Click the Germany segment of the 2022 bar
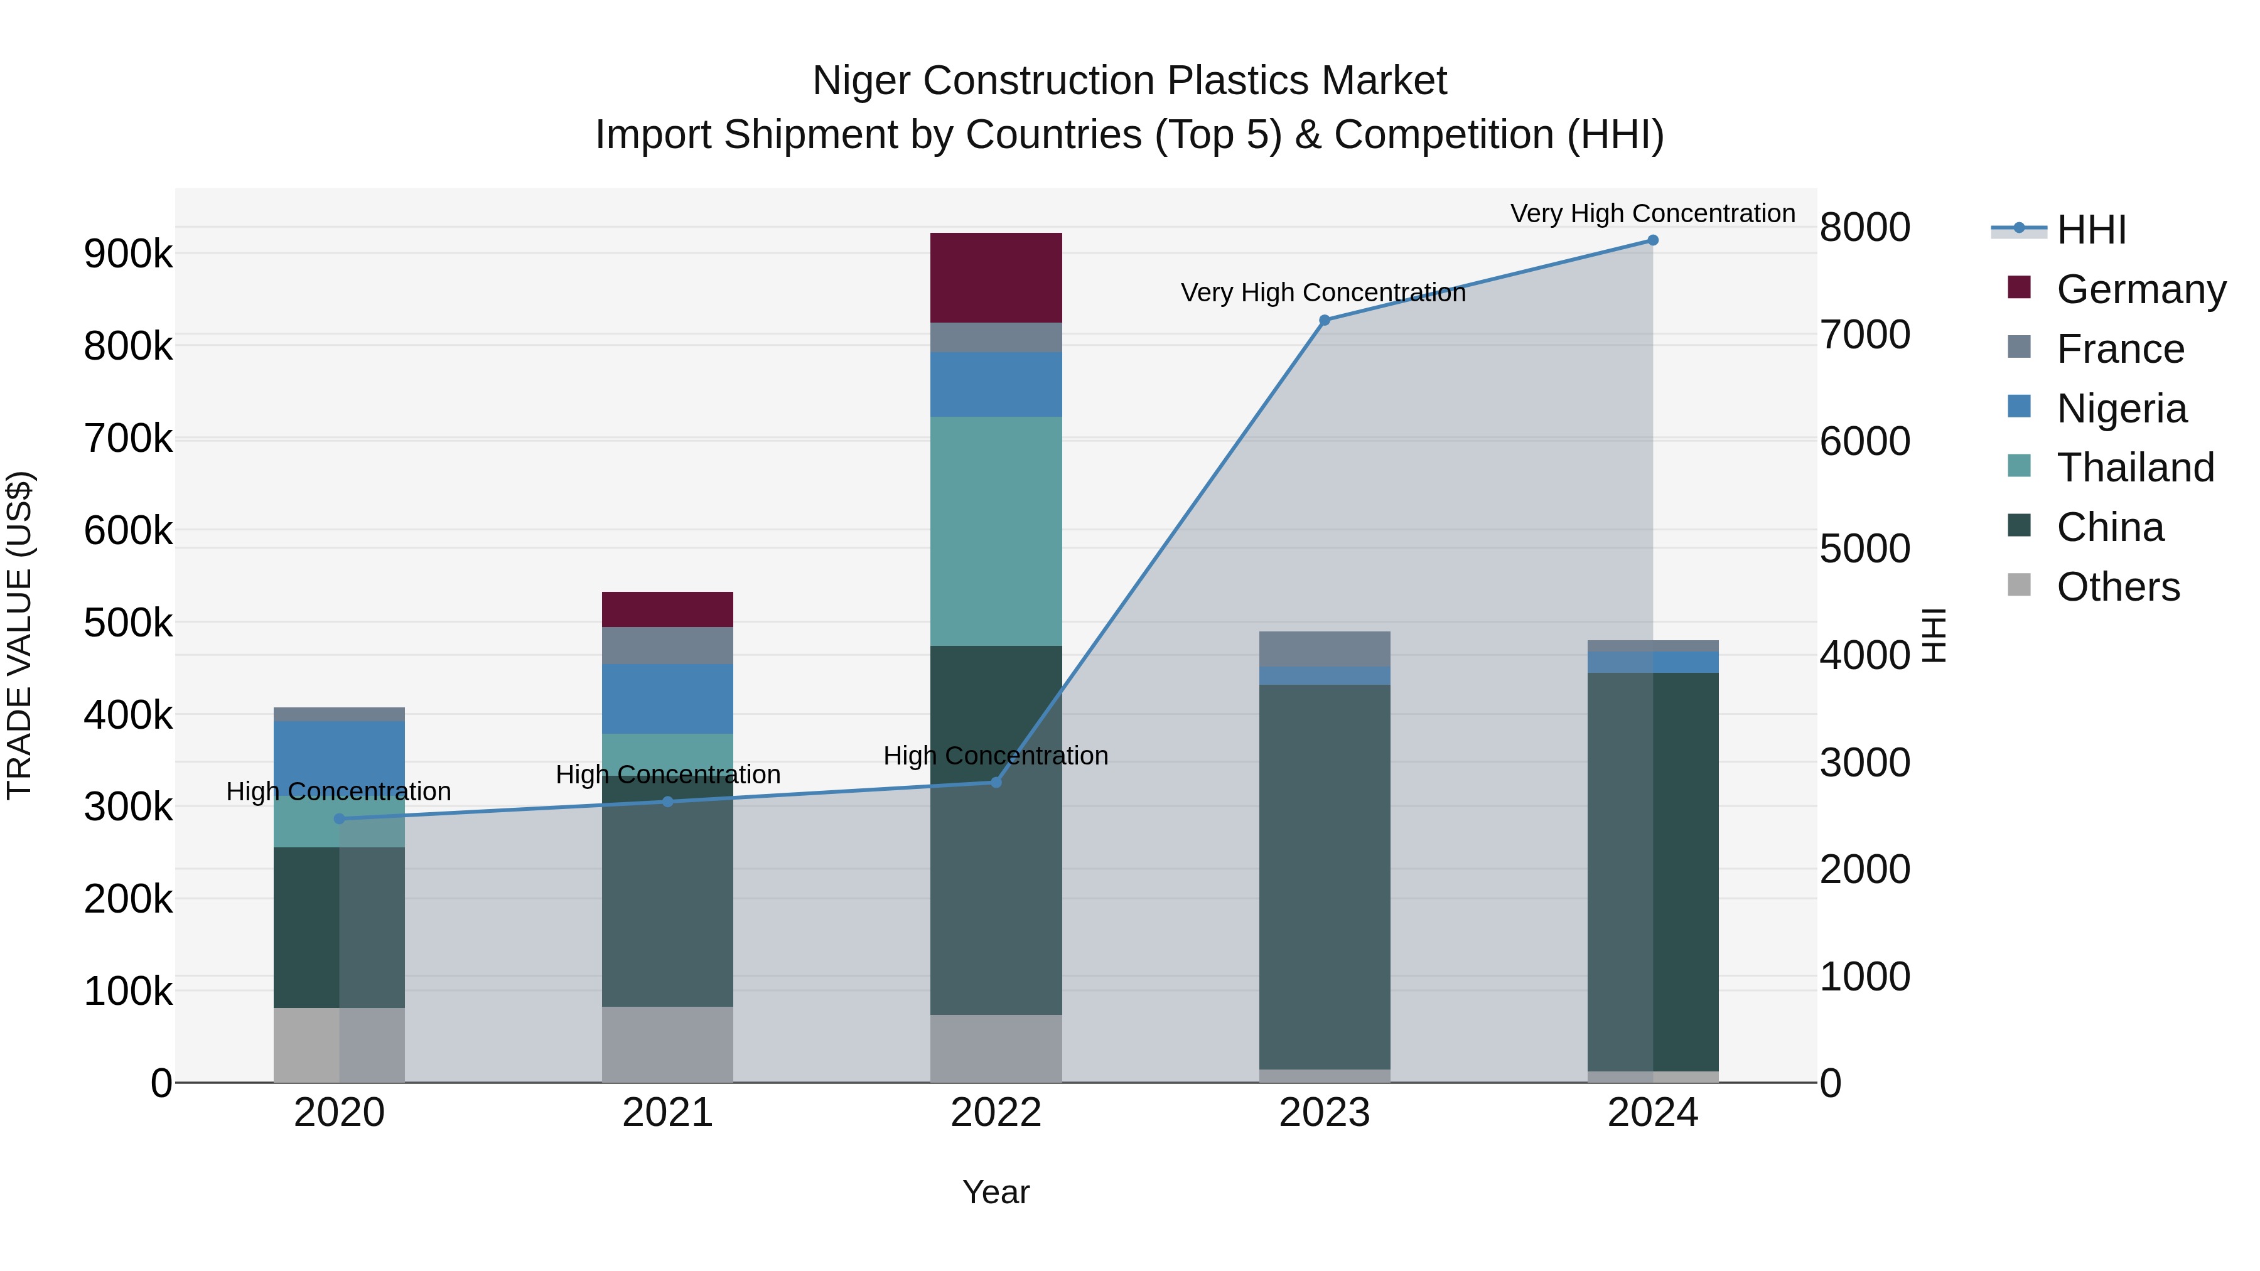tap(996, 277)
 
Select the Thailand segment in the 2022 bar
tap(996, 530)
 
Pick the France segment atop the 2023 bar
tap(1324, 648)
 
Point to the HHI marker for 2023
tap(1325, 320)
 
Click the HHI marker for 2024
tap(1653, 240)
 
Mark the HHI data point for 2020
tap(340, 818)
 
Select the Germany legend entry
tap(2141, 289)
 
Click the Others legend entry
tap(2118, 587)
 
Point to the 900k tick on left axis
tap(128, 254)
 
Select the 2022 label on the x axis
tap(996, 1113)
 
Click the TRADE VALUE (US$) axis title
tap(19, 635)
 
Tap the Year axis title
tap(996, 1192)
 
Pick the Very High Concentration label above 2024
tap(1652, 213)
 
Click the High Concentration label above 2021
tap(668, 775)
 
